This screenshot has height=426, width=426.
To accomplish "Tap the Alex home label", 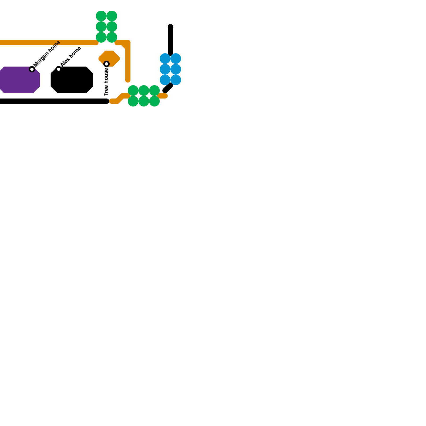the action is tap(71, 56).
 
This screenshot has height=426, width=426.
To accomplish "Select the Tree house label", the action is tap(106, 82).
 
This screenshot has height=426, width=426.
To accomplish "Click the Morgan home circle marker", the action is tap(32, 69).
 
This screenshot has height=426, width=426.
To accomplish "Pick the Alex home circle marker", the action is tap(59, 69).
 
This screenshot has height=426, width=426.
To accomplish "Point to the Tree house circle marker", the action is tap(106, 64).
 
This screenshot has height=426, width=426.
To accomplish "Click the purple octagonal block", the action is tap(19, 80).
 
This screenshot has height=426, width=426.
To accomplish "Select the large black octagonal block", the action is tap(72, 80).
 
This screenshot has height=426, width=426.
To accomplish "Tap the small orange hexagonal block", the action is tap(109, 59).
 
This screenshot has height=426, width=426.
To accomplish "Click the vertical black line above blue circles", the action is tap(170, 40).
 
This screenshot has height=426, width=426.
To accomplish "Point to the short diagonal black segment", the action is tap(168, 88).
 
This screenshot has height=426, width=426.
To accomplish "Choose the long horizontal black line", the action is tap(53, 101).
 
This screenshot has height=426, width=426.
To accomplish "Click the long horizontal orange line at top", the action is tap(48, 43).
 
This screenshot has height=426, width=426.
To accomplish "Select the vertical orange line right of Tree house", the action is tap(128, 61).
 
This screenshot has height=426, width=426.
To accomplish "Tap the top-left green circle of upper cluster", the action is tap(101, 16).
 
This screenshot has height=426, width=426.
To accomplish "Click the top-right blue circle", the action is tap(176, 59).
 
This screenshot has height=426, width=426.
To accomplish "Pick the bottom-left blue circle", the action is tap(165, 80).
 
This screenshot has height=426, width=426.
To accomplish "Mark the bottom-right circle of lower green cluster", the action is tap(154, 101).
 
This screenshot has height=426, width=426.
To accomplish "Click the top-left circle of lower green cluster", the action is tap(133, 91).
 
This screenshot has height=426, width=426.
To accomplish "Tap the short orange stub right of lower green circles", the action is tap(162, 96).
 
